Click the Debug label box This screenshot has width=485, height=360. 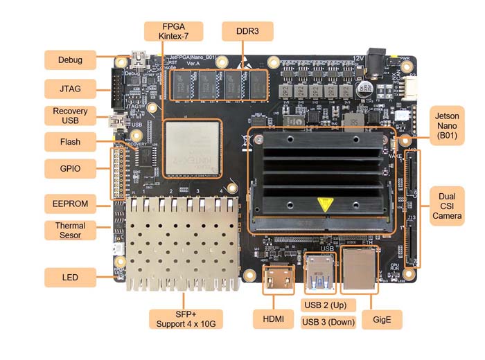click(x=71, y=60)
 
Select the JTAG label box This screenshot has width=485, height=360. click(x=71, y=89)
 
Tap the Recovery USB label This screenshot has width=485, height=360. click(x=71, y=116)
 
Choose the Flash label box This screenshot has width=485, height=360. click(x=71, y=143)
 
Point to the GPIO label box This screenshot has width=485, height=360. click(x=71, y=169)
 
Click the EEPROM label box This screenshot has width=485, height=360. click(x=71, y=204)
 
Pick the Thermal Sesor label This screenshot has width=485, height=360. click(x=71, y=231)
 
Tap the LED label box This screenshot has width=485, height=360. click(x=71, y=278)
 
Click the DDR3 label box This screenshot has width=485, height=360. click(x=247, y=31)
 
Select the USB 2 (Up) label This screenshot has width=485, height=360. click(x=329, y=305)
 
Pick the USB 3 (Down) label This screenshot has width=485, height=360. click(x=329, y=322)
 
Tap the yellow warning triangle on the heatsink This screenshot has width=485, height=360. click(x=323, y=205)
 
